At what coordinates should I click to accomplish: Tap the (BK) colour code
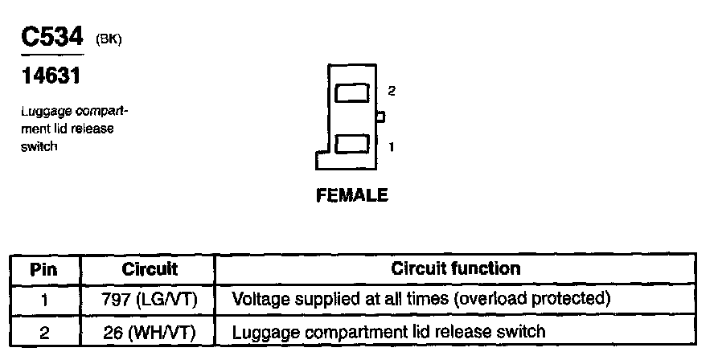[109, 39]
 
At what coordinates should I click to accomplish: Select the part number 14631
[50, 77]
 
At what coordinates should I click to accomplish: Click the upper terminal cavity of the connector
[352, 92]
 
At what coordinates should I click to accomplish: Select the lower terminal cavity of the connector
[352, 145]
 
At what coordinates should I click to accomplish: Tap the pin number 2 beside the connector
[391, 91]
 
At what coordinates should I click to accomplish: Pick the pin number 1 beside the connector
[391, 147]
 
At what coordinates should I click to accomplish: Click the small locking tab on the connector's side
[381, 117]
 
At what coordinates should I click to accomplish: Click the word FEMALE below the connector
[352, 195]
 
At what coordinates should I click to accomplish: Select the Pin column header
[44, 268]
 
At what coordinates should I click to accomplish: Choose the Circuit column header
[150, 268]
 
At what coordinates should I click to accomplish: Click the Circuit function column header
[455, 268]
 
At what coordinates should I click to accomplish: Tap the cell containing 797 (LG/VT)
[150, 300]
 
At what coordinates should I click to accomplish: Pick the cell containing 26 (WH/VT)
[150, 331]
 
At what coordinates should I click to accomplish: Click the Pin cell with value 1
[44, 300]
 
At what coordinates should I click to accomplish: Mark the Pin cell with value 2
[44, 331]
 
